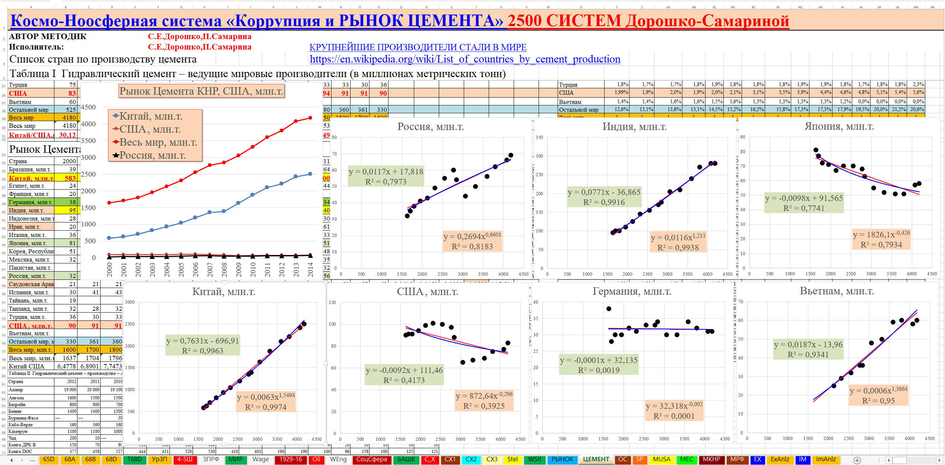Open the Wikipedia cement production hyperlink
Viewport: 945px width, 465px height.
pos(465,59)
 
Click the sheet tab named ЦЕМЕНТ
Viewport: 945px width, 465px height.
pos(596,459)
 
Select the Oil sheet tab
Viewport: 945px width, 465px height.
pos(316,459)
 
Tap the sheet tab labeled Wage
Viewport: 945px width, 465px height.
pos(261,459)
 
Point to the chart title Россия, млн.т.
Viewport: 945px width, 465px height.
pos(431,127)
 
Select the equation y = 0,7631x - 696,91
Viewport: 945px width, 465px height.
pos(203,341)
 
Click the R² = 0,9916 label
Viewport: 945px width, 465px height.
pos(604,202)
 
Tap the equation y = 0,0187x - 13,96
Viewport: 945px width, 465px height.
pos(808,345)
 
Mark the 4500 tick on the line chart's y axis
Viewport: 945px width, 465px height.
pos(88,107)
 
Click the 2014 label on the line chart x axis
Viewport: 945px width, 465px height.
pos(310,269)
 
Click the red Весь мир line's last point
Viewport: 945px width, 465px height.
pos(310,118)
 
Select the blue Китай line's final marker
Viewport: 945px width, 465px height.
pos(310,174)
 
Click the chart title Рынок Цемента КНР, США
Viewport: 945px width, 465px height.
pos(202,91)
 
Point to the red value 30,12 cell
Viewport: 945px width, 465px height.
pos(67,135)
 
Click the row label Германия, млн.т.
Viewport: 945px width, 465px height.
pos(31,202)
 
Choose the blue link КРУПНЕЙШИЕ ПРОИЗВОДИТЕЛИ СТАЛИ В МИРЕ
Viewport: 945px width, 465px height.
pos(418,47)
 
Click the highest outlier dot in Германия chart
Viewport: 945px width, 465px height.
pos(609,309)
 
